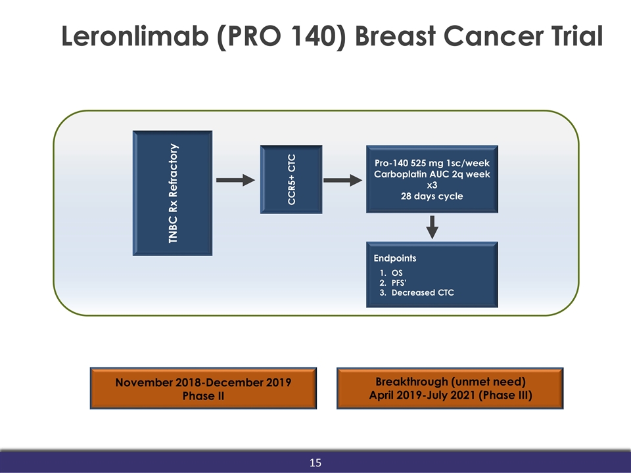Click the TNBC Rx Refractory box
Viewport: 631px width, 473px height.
pyautogui.click(x=173, y=193)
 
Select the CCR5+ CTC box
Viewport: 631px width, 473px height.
pyautogui.click(x=291, y=179)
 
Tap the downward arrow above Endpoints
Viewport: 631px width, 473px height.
pyautogui.click(x=432, y=227)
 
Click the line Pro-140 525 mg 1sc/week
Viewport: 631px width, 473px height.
pyautogui.click(x=432, y=163)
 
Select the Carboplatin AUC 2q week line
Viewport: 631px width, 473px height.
pyautogui.click(x=432, y=174)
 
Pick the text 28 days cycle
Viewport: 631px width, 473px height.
pyautogui.click(x=432, y=196)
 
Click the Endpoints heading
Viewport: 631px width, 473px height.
pyautogui.click(x=395, y=258)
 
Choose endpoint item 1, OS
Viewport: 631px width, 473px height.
pyautogui.click(x=396, y=272)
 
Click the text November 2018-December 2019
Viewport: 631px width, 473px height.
pyautogui.click(x=203, y=382)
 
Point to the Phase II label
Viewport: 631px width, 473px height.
pyautogui.click(x=203, y=395)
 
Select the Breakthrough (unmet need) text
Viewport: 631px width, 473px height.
pyautogui.click(x=450, y=382)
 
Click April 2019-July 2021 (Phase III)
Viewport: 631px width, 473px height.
pyautogui.click(x=450, y=395)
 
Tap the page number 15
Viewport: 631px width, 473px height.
pyautogui.click(x=315, y=464)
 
